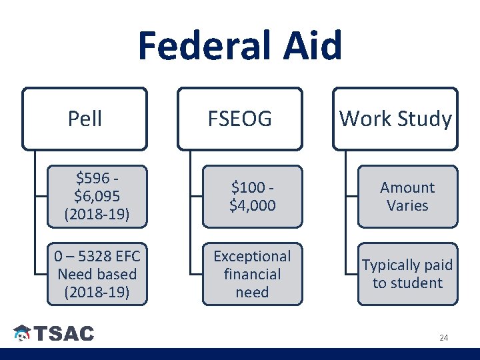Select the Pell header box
(x=85, y=119)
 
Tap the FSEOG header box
(x=240, y=119)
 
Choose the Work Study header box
(x=395, y=119)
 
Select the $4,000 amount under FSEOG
(x=252, y=206)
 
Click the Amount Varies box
(x=407, y=197)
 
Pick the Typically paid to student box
(x=407, y=274)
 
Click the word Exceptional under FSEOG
(x=252, y=256)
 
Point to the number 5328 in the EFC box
(x=87, y=256)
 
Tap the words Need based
(x=97, y=274)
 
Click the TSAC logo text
(x=64, y=334)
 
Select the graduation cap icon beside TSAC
(x=23, y=334)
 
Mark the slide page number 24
(x=443, y=338)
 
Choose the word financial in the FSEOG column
(x=252, y=274)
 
